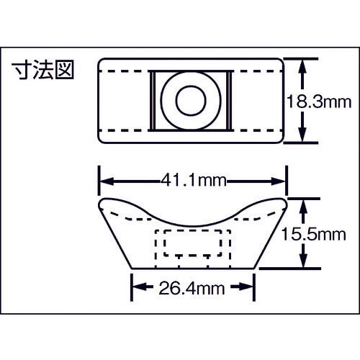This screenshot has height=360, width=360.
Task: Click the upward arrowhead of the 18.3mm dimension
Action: coord(305,63)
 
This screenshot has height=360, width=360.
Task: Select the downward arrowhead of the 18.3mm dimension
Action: coord(305,140)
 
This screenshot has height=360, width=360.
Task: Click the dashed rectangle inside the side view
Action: coord(192,245)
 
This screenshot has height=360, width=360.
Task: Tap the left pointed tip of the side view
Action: coord(99,204)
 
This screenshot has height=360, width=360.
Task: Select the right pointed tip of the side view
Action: coord(287,204)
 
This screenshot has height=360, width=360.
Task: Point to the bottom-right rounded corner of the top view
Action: coord(283,142)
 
